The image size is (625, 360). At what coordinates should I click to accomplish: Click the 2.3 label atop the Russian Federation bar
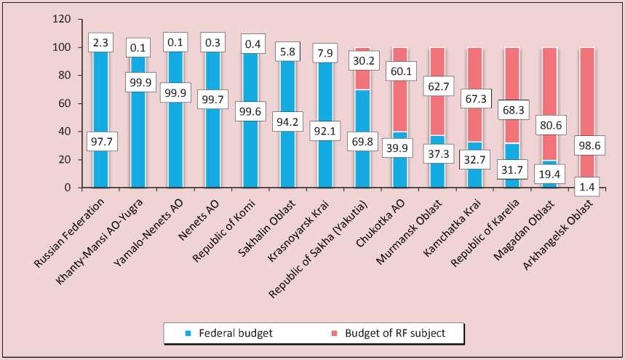[100, 41]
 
